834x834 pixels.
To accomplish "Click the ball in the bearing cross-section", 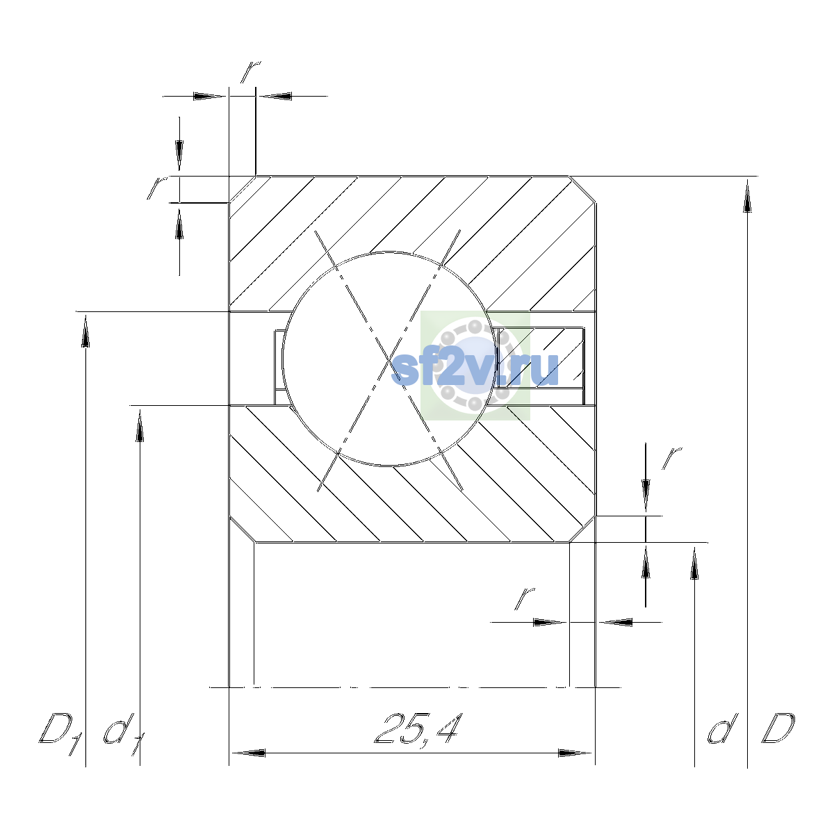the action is [389, 359].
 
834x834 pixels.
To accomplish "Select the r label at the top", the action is [250, 72].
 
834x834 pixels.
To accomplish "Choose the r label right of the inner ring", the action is [671, 459].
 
